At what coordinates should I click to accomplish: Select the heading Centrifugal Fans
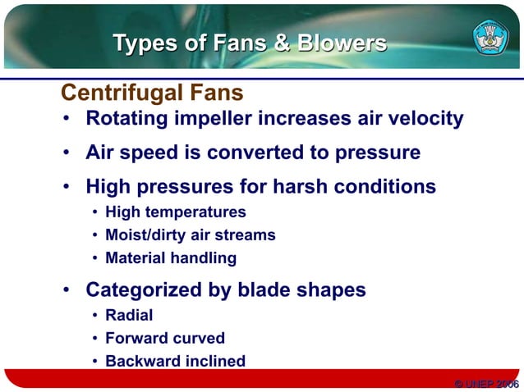152,91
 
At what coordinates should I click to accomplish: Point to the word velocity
422,119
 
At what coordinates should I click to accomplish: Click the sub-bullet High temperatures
176,212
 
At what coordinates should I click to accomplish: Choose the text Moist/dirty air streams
191,235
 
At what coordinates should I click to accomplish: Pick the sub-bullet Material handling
171,258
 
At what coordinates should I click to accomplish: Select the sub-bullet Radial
129,315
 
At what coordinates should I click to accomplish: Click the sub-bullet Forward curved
165,338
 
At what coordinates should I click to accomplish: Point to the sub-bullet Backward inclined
175,361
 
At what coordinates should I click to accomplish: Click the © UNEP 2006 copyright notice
486,383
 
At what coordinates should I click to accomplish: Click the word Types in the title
145,43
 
